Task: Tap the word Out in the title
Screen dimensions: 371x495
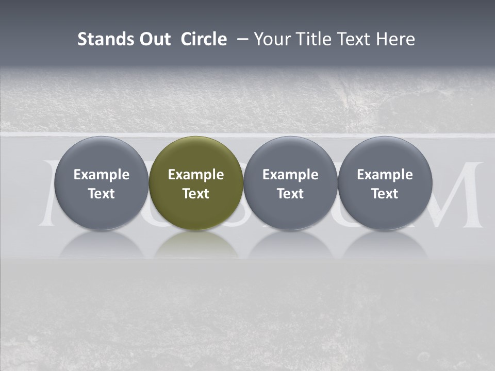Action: click(x=153, y=39)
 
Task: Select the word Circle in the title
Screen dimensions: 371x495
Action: click(x=204, y=39)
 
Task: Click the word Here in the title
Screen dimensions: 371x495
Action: click(x=395, y=39)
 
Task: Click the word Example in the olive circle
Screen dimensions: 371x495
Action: click(x=196, y=175)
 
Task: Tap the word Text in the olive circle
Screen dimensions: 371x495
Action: click(x=196, y=194)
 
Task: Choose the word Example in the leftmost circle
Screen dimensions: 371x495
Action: click(x=102, y=175)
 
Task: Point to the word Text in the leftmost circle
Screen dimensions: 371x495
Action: click(x=102, y=194)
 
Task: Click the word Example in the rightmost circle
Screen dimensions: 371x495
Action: click(x=385, y=175)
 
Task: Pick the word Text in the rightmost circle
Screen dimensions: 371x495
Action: click(x=385, y=194)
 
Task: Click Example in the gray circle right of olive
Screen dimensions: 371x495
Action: click(x=290, y=175)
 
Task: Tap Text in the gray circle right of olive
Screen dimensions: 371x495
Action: click(x=290, y=194)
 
